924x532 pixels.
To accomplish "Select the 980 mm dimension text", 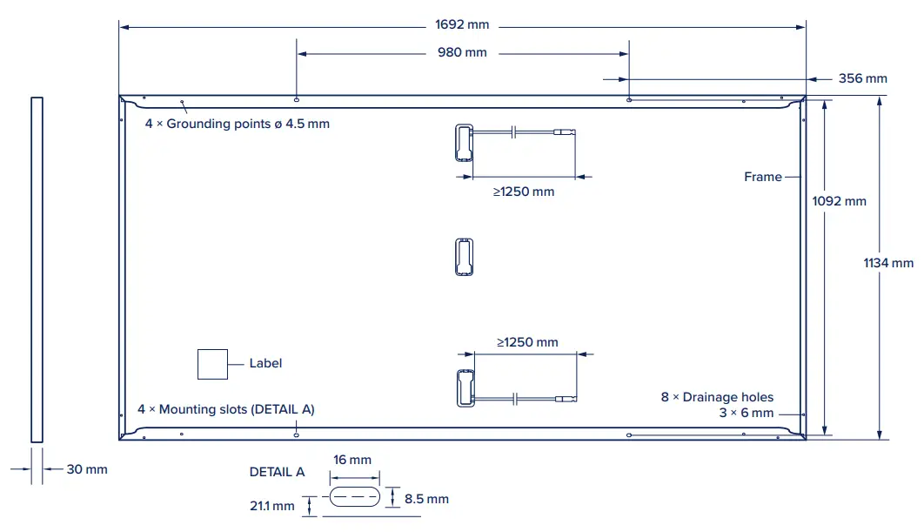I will [x=462, y=52].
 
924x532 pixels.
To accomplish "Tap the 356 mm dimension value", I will [x=862, y=78].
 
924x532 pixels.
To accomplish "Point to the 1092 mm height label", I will [x=839, y=201].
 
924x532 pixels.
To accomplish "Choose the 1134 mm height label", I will [x=888, y=262].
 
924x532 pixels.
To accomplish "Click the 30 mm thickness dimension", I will [x=87, y=469].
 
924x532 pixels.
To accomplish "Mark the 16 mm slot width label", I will [x=353, y=460].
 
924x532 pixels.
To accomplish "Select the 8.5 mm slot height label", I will [x=426, y=499].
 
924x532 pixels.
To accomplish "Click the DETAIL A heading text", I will [x=277, y=472].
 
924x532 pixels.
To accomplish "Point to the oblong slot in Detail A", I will [x=354, y=498].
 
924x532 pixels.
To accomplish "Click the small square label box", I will [x=212, y=364].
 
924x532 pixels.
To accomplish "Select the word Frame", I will [x=763, y=177].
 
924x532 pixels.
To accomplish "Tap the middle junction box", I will [x=464, y=257].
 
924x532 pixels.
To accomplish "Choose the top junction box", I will [x=462, y=143].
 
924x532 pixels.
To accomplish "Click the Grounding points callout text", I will [x=238, y=124].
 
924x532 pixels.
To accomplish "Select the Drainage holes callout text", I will [x=717, y=397].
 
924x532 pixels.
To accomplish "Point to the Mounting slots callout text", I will [x=226, y=408].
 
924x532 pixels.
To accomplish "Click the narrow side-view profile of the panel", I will [x=37, y=270].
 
